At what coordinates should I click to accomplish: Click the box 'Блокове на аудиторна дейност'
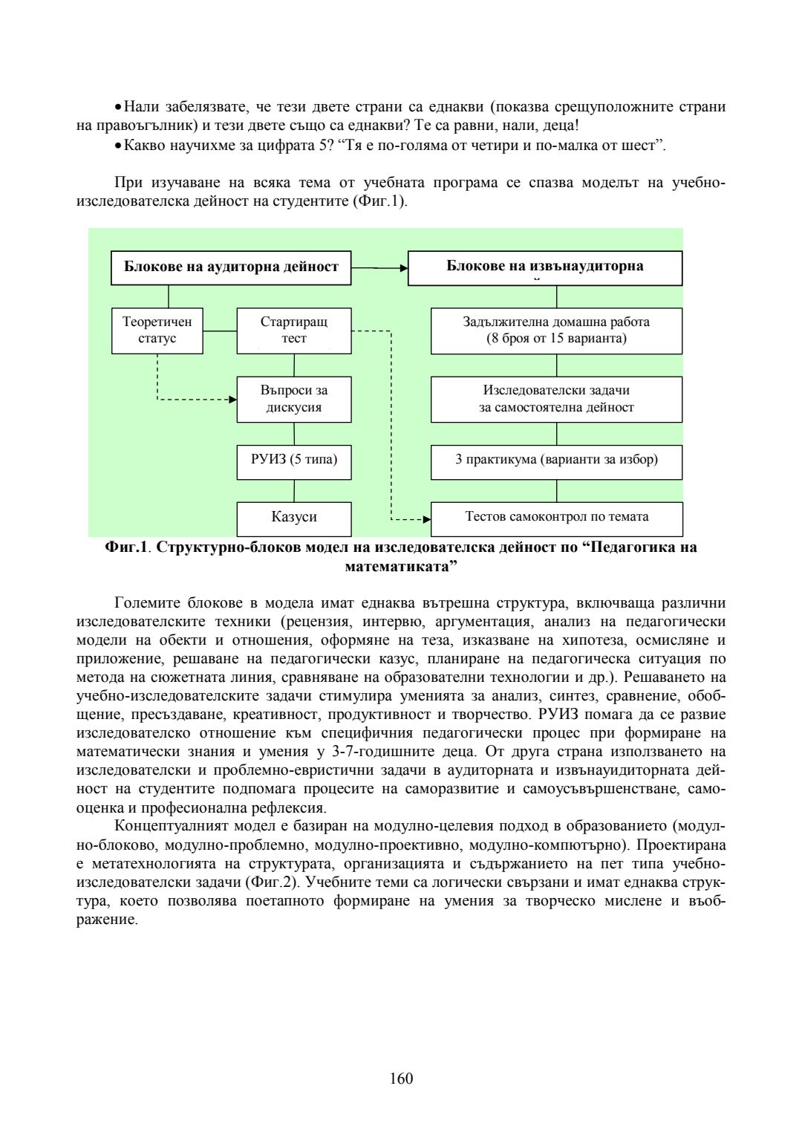[231, 267]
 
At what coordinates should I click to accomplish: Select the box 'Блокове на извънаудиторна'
[544, 267]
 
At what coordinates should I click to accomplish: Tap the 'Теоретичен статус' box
[157, 331]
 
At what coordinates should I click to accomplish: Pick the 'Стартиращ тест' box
[293, 331]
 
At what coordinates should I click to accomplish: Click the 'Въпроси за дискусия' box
[293, 399]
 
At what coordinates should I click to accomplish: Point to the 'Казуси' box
[293, 518]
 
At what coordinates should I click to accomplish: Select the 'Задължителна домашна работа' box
[556, 331]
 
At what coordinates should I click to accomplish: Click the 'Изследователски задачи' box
[556, 399]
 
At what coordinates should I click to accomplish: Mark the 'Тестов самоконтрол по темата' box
[556, 518]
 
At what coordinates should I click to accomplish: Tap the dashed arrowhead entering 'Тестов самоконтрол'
[426, 519]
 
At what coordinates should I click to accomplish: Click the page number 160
[401, 1079]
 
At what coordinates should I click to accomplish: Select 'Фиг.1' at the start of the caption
[127, 548]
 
